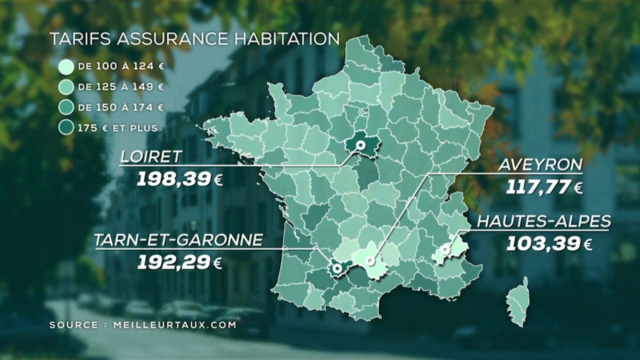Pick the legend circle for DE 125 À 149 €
pos(66,87)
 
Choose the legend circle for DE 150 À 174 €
pos(66,107)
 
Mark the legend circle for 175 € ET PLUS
pos(66,128)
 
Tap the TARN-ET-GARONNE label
pos(178,240)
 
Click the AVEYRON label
pos(540,165)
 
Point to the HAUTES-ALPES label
pos(543,221)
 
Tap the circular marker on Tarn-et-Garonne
pos(337,269)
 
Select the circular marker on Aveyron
pos(370,261)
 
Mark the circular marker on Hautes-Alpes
pos(444,249)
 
